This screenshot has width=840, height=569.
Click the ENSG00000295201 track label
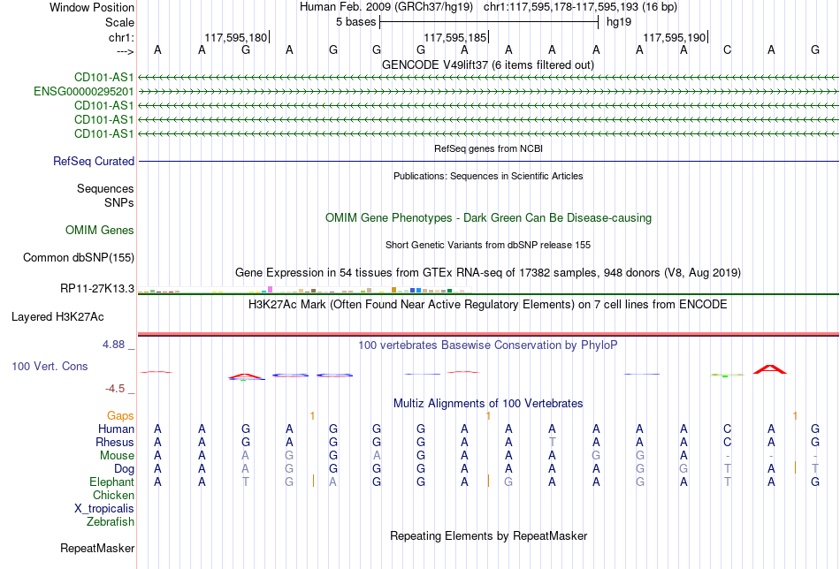[84, 92]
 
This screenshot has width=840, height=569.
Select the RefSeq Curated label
[94, 161]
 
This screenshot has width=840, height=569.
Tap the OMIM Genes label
[100, 231]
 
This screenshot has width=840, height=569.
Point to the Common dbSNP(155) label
[79, 257]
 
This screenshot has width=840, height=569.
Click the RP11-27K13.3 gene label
[97, 289]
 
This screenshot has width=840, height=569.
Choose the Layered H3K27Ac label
[57, 317]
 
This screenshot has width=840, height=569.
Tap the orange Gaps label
[120, 416]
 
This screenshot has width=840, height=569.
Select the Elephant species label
[112, 482]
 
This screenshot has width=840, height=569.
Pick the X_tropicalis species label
[104, 509]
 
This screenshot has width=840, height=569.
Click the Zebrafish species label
[111, 522]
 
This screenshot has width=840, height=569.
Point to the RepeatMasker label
[97, 548]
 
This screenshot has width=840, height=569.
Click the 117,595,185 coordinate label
[454, 37]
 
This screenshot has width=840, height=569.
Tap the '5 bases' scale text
[355, 22]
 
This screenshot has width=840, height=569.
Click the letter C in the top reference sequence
[727, 50]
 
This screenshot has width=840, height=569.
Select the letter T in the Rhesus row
[553, 442]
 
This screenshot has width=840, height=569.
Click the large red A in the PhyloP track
[770, 369]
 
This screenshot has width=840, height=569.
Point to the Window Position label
[92, 7]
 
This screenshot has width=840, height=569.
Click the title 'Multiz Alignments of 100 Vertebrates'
[488, 404]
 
